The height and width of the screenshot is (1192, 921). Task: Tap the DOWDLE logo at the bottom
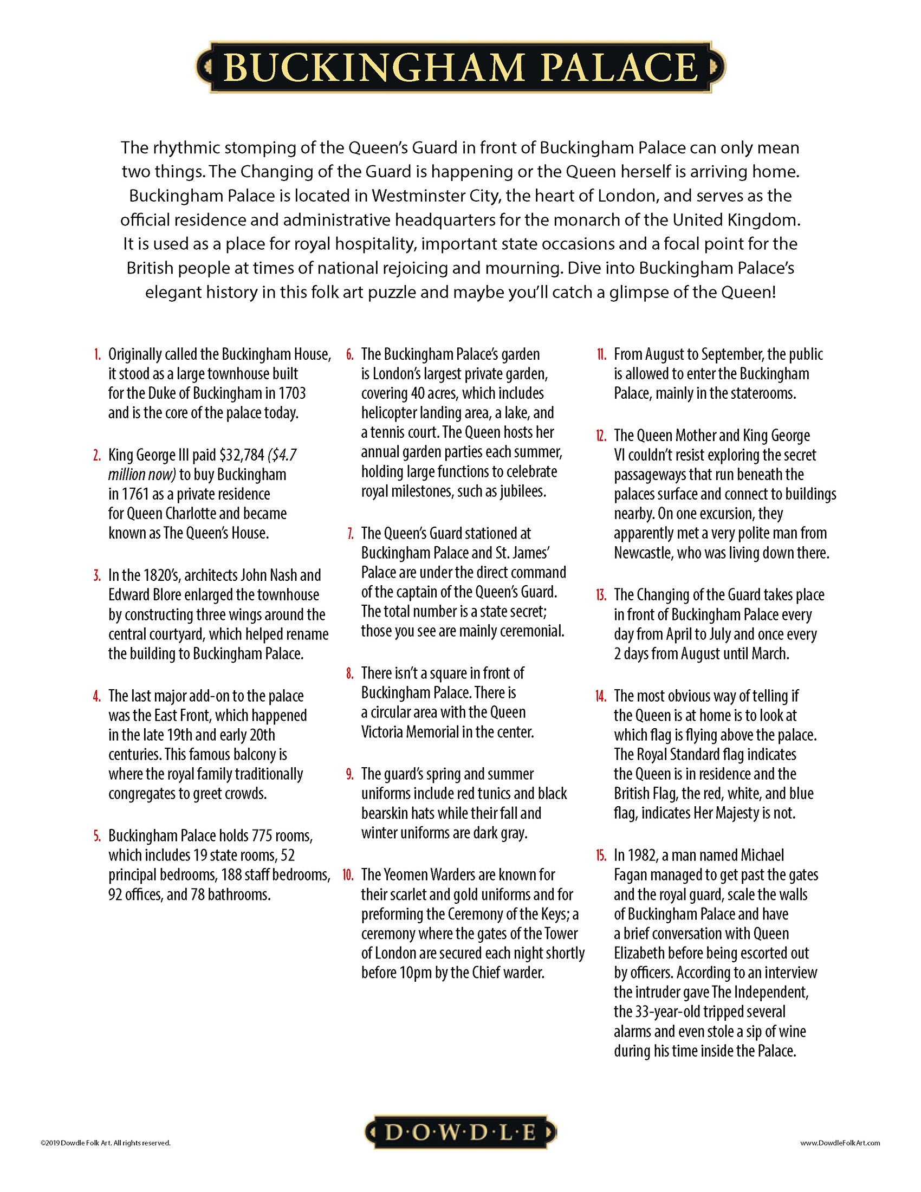coord(460,1132)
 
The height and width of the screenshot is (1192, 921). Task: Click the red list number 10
coord(348,875)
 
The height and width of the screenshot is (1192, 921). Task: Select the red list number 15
coord(601,855)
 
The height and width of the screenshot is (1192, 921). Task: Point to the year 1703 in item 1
coord(290,393)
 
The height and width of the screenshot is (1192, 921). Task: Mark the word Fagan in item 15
coord(631,875)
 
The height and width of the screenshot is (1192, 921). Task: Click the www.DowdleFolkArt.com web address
coord(840,1142)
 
